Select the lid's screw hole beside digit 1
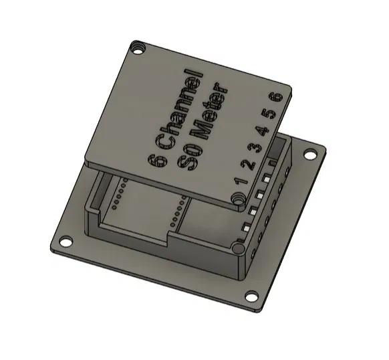click(238, 199)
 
